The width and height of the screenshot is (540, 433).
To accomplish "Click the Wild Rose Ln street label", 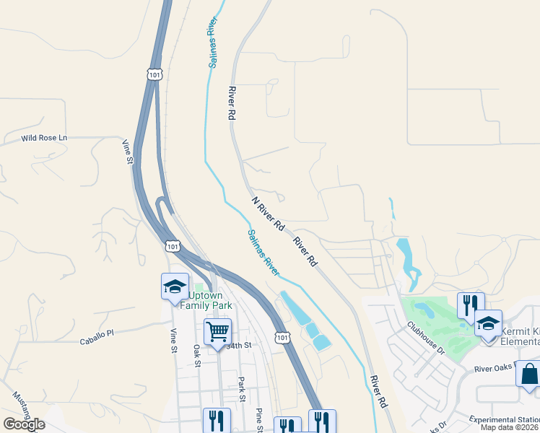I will (43, 138).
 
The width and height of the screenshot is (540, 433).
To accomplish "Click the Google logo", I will (24, 424).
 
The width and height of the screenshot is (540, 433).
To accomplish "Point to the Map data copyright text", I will (510, 427).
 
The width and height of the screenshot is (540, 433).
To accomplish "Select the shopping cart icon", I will (217, 332).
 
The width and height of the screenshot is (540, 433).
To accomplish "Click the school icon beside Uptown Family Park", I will (175, 287).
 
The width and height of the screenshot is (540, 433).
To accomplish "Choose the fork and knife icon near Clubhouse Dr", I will (470, 305).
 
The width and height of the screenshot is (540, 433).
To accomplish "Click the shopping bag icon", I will (528, 375).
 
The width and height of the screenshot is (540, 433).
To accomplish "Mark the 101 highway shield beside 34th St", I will (282, 337).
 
